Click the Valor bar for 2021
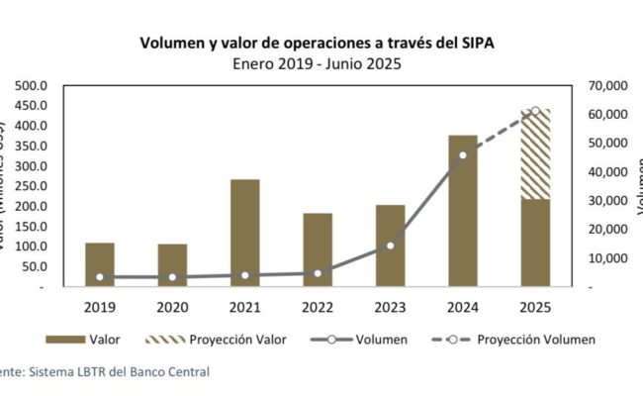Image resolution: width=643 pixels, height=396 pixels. pos(245,234)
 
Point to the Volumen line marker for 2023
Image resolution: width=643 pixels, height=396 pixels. pos(390,245)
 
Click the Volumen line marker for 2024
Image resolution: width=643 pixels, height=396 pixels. pos(463,154)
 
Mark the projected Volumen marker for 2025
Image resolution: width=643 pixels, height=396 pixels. pos(535,111)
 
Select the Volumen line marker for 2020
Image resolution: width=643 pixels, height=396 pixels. pos(172,277)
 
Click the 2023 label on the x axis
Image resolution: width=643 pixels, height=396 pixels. pos(390,308)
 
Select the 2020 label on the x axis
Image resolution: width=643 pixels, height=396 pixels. pos(172,308)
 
